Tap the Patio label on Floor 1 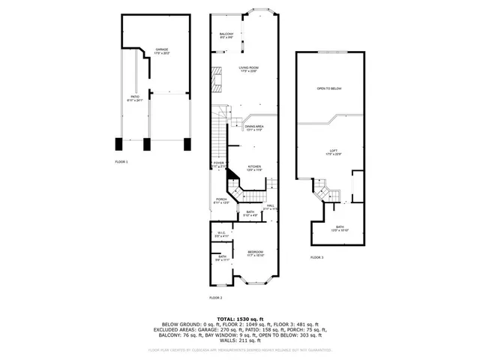click(136, 98)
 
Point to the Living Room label click(248, 70)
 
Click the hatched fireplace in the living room click(217, 77)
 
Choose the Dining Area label click(254, 127)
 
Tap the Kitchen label click(254, 167)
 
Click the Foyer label click(218, 164)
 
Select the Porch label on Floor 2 click(221, 201)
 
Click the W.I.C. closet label click(222, 235)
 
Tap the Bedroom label click(255, 253)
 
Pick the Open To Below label click(329, 88)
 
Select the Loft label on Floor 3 click(334, 152)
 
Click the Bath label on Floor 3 click(340, 228)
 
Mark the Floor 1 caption click(121, 162)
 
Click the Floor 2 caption click(216, 298)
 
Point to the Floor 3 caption click(317, 257)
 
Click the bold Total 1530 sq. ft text click(240, 319)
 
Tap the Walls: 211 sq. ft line click(240, 341)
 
